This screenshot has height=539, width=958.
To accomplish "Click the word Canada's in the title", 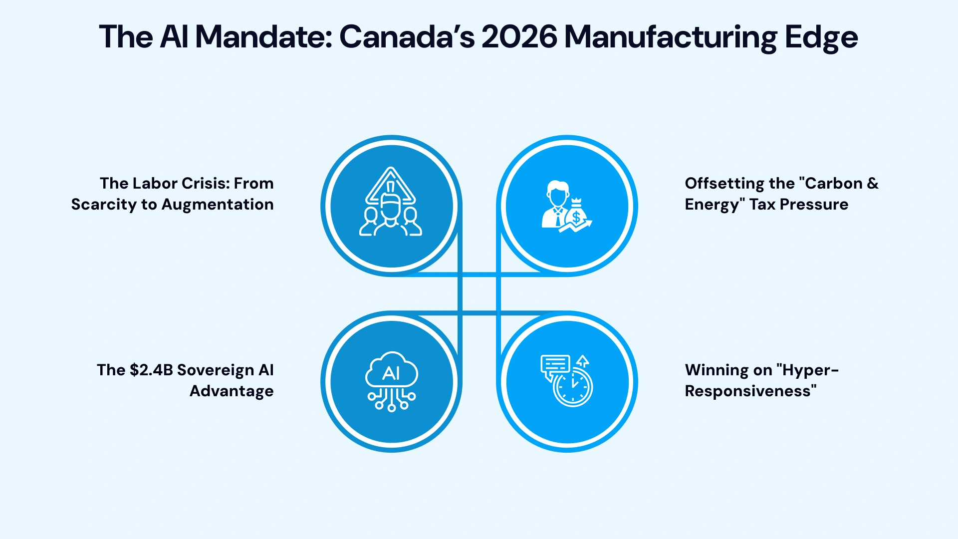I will (x=406, y=37).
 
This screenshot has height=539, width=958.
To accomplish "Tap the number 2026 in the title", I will (x=519, y=37).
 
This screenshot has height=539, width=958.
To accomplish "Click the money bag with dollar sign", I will (x=576, y=214).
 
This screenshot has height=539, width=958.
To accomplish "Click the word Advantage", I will (x=232, y=391).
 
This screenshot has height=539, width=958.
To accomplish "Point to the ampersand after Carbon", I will (x=873, y=184).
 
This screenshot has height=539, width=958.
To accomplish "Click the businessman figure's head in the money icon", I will (x=557, y=190).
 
